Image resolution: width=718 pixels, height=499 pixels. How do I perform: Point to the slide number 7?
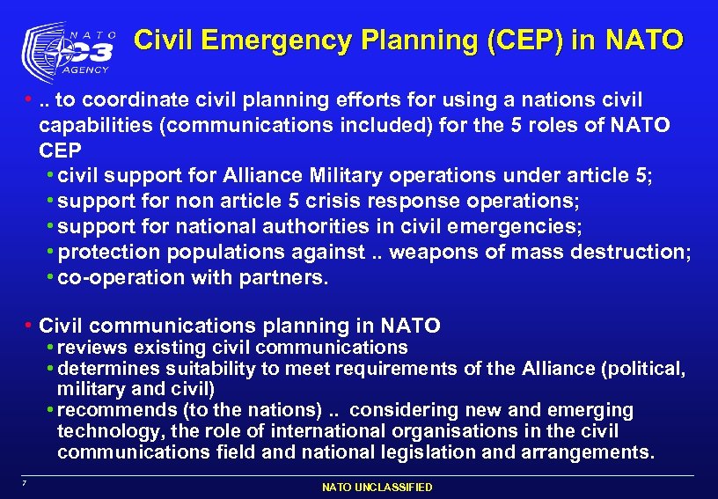pyautogui.click(x=26, y=482)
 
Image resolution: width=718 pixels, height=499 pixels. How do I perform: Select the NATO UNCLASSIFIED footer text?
pyautogui.click(x=377, y=487)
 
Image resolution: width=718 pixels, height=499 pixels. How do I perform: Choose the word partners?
pyautogui.click(x=287, y=278)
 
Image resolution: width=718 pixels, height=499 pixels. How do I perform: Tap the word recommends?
pyautogui.click(x=115, y=410)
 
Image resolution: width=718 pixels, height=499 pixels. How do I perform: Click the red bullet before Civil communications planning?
pyautogui.click(x=29, y=327)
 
